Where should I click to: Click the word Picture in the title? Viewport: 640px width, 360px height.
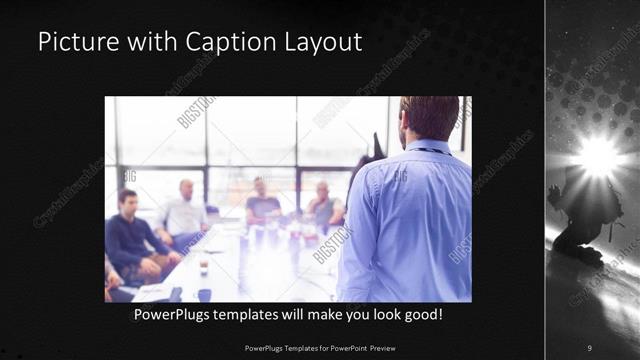(x=73, y=43)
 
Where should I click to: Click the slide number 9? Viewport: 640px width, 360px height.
(x=589, y=347)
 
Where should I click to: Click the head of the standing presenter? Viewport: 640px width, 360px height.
(x=429, y=117)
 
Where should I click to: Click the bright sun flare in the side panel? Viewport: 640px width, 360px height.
(x=599, y=155)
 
